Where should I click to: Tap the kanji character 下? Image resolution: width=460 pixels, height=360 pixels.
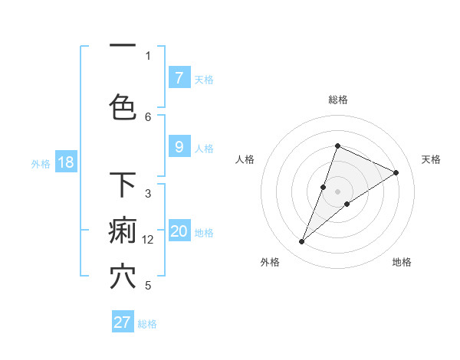click(x=123, y=185)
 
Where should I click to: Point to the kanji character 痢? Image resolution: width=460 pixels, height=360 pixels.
click(x=123, y=231)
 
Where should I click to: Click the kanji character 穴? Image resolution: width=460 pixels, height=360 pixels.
click(x=123, y=277)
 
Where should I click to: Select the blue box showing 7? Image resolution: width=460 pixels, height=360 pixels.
click(x=179, y=78)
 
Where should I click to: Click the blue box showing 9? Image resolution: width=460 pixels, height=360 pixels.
click(x=179, y=147)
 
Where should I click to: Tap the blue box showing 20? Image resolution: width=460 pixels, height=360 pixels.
click(x=179, y=231)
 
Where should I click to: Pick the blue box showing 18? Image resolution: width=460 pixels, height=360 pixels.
click(x=65, y=162)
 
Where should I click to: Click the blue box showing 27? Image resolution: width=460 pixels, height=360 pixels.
click(x=123, y=322)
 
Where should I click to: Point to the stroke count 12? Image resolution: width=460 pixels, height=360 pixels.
click(x=149, y=240)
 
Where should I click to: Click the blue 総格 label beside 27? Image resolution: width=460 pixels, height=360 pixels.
click(x=147, y=324)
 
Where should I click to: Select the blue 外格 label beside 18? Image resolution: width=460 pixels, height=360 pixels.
click(x=41, y=163)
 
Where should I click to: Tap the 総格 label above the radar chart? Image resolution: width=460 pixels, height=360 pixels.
click(x=338, y=100)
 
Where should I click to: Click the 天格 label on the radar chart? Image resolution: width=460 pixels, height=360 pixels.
click(x=432, y=159)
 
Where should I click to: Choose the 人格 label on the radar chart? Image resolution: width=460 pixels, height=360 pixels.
click(x=245, y=159)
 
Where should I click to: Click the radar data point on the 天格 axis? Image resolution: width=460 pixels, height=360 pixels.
click(x=396, y=172)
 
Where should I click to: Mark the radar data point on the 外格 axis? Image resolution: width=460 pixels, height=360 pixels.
click(x=302, y=241)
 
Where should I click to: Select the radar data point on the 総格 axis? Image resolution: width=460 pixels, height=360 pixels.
click(x=337, y=146)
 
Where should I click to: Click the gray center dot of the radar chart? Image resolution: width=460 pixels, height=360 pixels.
click(x=338, y=191)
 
